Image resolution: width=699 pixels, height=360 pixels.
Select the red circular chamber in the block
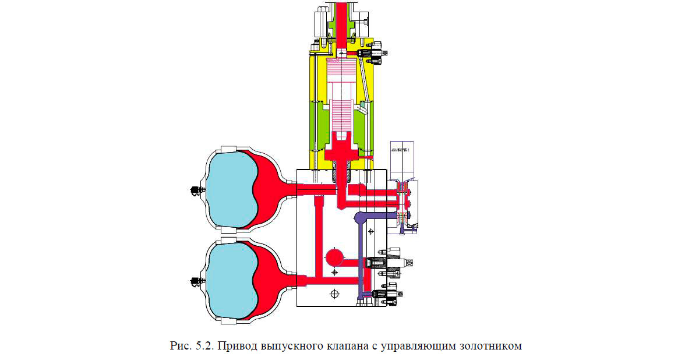pos(335,257)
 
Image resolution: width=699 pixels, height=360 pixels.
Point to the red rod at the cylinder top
pos(340,23)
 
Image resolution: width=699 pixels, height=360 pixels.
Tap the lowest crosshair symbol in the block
pos(334,294)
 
